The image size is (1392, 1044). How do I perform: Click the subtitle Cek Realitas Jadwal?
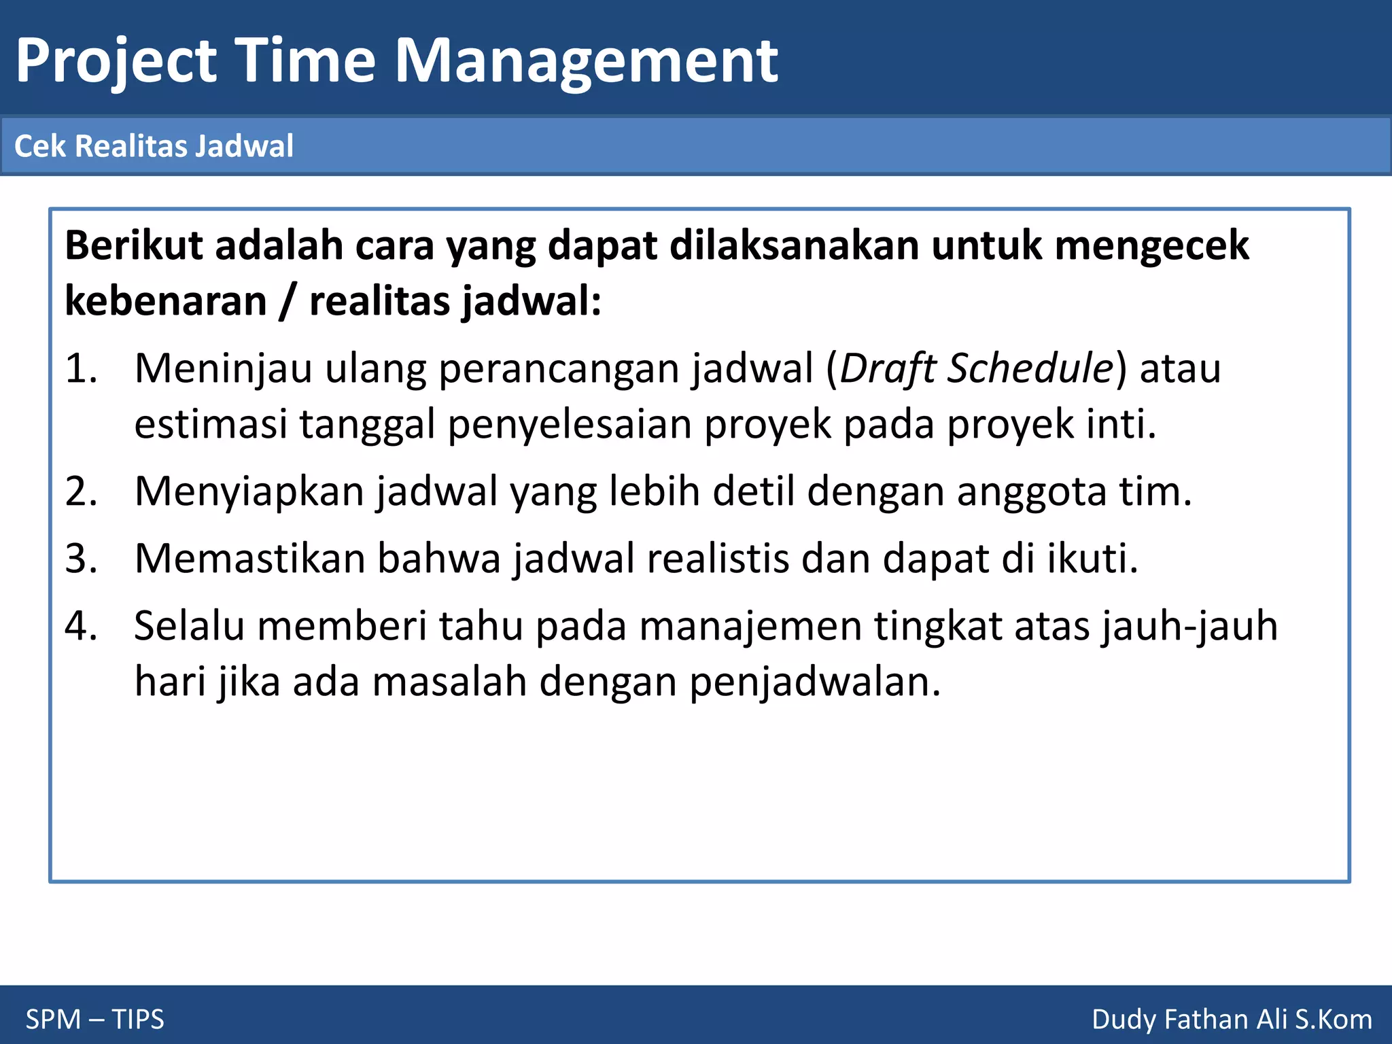click(x=154, y=146)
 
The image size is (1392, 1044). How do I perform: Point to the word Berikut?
click(x=133, y=245)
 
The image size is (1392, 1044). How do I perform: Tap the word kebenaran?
click(x=166, y=301)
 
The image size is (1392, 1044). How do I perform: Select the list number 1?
click(x=81, y=369)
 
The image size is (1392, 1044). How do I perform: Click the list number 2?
click(x=81, y=491)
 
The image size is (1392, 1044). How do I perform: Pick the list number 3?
click(x=81, y=559)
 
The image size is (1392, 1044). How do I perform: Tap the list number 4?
click(x=81, y=626)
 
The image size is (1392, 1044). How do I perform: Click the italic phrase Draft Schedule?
click(x=976, y=369)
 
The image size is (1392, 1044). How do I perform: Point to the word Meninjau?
click(x=223, y=369)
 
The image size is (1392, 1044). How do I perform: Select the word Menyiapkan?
click(x=249, y=492)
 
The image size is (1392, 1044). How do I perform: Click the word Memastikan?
click(x=249, y=559)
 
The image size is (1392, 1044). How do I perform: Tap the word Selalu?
click(x=189, y=626)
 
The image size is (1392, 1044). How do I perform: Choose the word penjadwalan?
click(x=814, y=682)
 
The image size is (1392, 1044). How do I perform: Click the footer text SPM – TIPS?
click(x=95, y=1020)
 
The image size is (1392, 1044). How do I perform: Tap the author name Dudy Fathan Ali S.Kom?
click(x=1232, y=1020)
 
